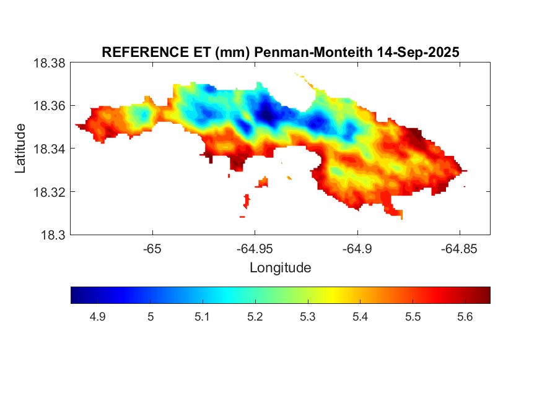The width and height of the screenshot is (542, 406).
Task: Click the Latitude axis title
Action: (20, 149)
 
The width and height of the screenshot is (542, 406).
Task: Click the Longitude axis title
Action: (280, 268)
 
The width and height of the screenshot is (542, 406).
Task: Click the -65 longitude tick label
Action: (152, 249)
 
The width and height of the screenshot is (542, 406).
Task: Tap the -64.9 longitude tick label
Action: (357, 249)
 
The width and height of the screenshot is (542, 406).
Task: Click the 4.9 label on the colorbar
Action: (97, 317)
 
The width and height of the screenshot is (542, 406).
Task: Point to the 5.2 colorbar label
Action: (255, 317)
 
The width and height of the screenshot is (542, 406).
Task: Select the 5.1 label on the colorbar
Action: (203, 317)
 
